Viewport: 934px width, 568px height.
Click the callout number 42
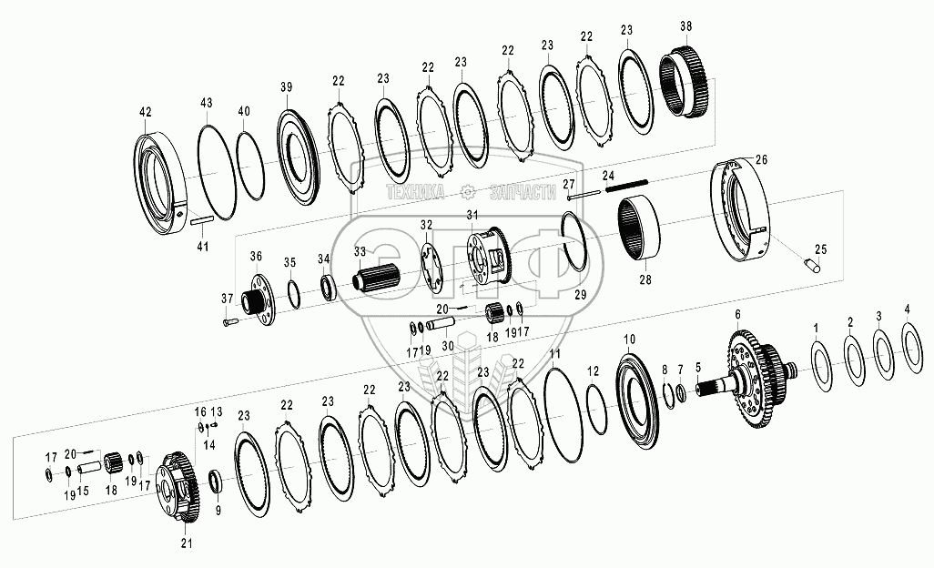pos(146,112)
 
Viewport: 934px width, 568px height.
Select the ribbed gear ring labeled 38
pos(685,84)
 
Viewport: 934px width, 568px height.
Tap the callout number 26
pos(761,159)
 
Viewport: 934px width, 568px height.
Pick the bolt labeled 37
pos(230,322)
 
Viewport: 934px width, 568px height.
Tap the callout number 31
pos(472,214)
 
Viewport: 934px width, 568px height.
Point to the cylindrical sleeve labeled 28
pos(637,229)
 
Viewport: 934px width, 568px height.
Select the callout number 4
pos(907,309)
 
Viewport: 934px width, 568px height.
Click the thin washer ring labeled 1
pos(824,366)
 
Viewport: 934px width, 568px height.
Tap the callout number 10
pos(630,340)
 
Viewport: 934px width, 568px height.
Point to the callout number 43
pos(206,104)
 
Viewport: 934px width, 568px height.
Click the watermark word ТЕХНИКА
pos(415,191)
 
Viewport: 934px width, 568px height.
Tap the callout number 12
pos(593,371)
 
